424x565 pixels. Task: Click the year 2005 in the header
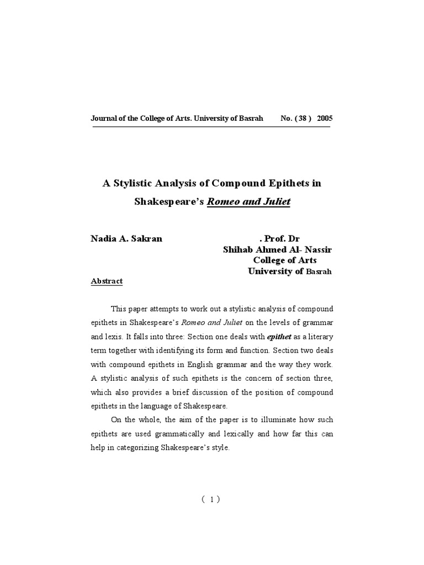pyautogui.click(x=325, y=119)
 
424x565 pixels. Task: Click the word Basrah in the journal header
pyautogui.click(x=250, y=119)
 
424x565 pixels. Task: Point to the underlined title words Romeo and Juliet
pyautogui.click(x=248, y=201)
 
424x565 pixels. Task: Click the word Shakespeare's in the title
pyautogui.click(x=169, y=201)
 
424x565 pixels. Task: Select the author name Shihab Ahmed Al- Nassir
pyautogui.click(x=278, y=249)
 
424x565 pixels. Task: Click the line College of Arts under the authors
pyautogui.click(x=285, y=260)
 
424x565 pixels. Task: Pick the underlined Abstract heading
pyautogui.click(x=107, y=281)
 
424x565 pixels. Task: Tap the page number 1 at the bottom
pyautogui.click(x=211, y=499)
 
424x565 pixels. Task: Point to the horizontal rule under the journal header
pyautogui.click(x=211, y=127)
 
